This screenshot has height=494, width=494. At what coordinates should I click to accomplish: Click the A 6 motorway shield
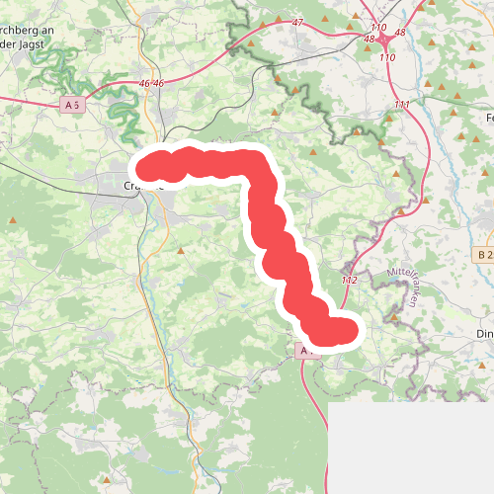(x=71, y=104)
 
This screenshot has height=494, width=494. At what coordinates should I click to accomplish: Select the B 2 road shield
(x=483, y=255)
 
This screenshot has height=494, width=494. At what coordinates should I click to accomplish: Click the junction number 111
(x=401, y=105)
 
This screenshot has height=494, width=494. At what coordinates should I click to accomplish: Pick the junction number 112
(x=349, y=281)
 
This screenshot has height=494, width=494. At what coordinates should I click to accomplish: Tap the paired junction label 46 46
(x=152, y=84)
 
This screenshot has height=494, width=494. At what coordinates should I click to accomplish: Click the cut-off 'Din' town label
(x=484, y=334)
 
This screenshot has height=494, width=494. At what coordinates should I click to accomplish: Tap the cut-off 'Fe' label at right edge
(x=488, y=117)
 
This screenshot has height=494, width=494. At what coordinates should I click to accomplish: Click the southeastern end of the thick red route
(x=343, y=331)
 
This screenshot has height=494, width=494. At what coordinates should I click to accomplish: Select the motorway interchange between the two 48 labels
(x=383, y=40)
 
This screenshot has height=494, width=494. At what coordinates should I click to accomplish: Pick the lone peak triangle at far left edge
(x=13, y=220)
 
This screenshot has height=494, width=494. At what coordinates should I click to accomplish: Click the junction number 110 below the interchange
(x=386, y=58)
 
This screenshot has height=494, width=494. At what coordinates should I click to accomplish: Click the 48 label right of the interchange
(x=400, y=33)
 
